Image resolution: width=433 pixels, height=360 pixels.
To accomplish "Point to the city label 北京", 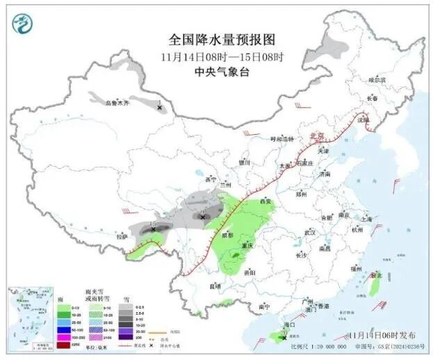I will coord(317,136).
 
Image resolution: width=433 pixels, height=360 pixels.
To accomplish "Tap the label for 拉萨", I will coord(122,236).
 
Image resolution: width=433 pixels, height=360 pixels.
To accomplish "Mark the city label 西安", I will coord(265,201).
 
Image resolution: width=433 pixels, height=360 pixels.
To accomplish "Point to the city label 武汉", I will coord(309,232).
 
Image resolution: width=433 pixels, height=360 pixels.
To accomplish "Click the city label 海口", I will coord(291,325).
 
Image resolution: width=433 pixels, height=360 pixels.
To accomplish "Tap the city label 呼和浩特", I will coord(282,139).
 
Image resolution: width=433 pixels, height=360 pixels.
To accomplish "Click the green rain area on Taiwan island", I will coord(375,286).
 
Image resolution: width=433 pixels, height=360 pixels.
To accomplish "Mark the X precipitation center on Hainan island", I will coord(280,336).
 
